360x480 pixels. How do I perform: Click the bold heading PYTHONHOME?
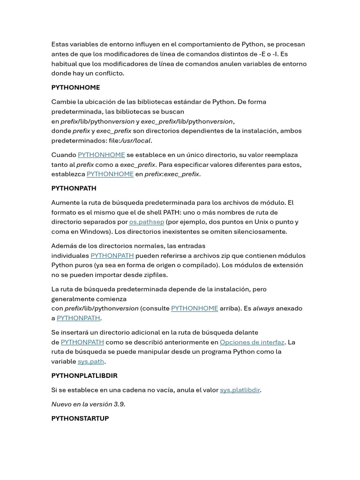(75, 88)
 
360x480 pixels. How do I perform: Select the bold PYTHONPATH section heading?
(74, 188)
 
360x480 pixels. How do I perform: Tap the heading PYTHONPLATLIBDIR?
(84, 376)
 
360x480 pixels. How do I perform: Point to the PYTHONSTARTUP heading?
(80, 419)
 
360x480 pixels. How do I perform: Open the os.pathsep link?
(147, 222)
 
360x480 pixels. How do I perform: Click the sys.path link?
(91, 361)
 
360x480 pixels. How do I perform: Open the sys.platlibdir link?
(240, 390)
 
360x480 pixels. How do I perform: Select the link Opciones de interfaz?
(252, 342)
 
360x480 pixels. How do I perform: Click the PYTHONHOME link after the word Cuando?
(101, 155)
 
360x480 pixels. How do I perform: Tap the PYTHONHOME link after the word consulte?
(195, 308)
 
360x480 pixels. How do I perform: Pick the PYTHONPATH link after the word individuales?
(112, 256)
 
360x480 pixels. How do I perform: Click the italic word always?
(263, 308)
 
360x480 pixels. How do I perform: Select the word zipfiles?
(152, 275)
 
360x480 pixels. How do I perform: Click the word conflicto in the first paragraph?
(109, 74)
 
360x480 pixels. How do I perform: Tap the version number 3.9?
(119, 404)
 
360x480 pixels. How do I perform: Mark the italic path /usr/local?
(135, 141)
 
